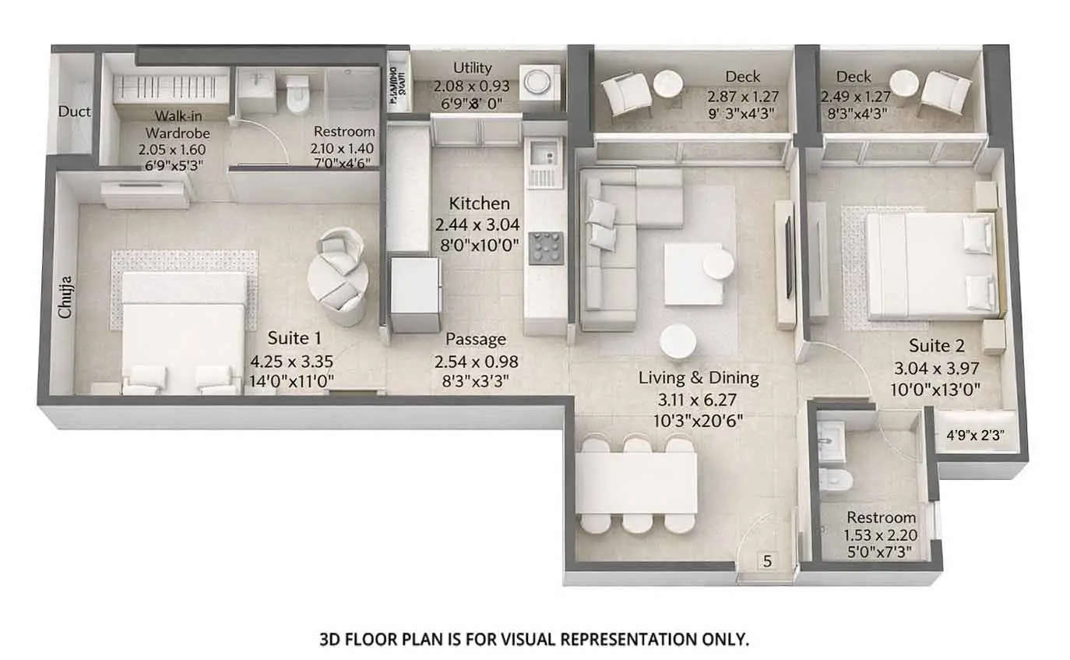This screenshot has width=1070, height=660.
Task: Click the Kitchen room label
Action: [479, 203]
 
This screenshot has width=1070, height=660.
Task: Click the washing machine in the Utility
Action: [537, 81]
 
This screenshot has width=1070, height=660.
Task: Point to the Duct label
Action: [75, 111]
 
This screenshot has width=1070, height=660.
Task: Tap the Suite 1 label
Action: [294, 338]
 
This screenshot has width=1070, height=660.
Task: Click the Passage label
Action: [475, 340]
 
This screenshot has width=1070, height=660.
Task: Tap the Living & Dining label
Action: [699, 378]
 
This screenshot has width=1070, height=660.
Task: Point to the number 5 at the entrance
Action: [766, 560]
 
